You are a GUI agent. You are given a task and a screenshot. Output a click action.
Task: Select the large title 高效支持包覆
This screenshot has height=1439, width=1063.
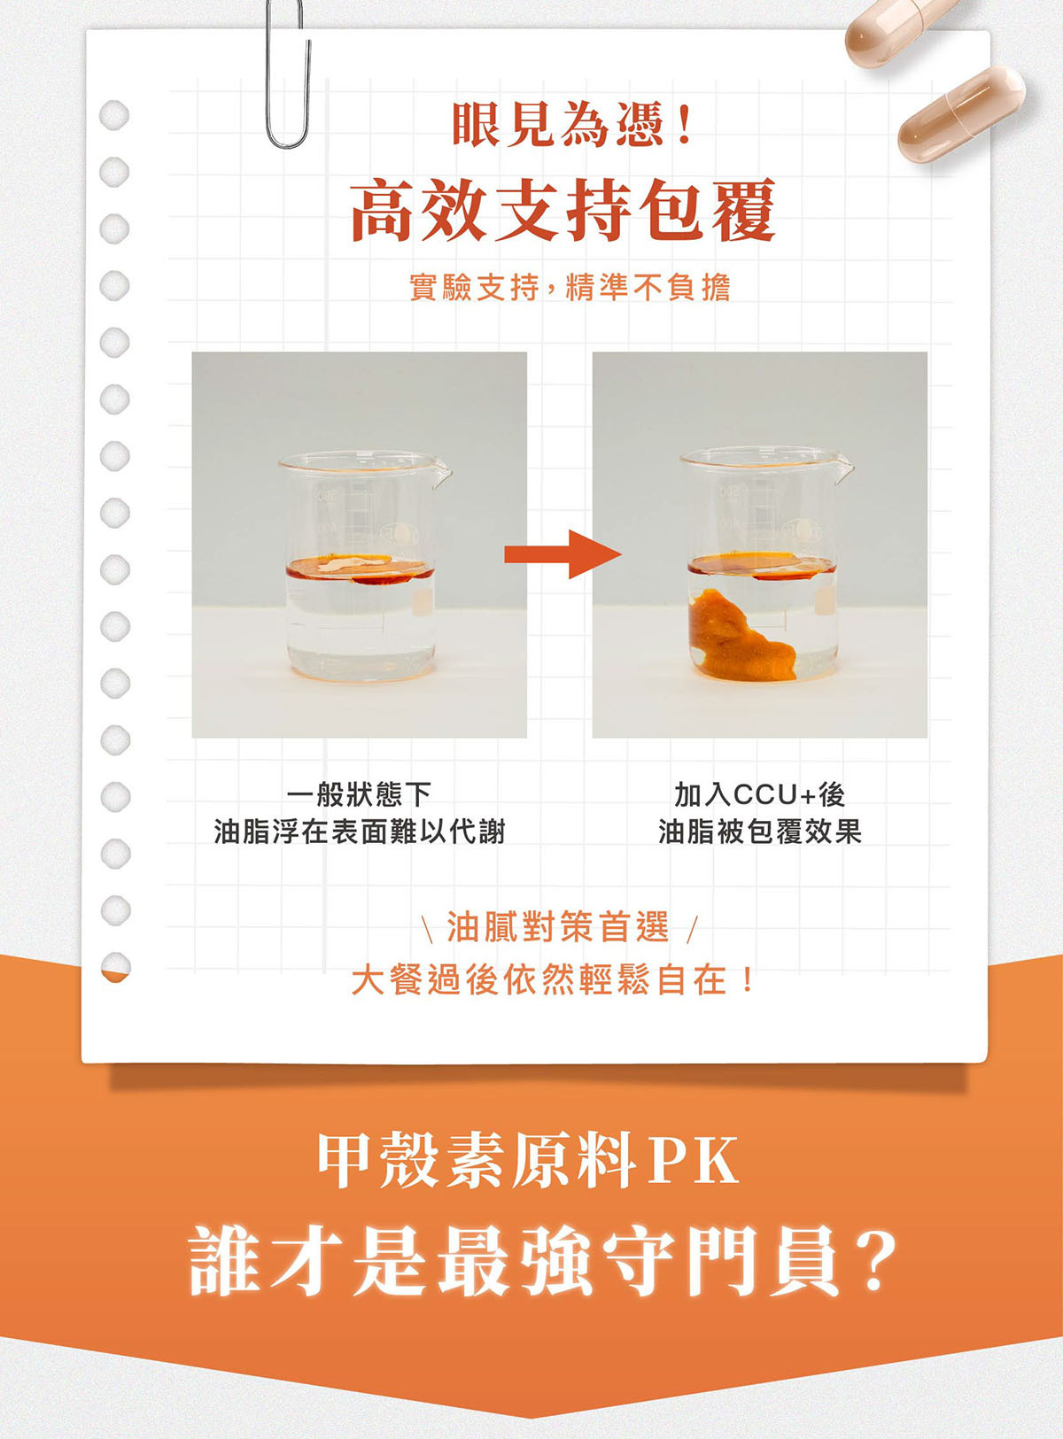pos(563,210)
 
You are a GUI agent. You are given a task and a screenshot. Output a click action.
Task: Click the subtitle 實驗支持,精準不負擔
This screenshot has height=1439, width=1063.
pos(570,288)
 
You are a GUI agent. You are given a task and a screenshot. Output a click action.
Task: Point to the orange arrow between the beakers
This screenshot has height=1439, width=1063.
pos(563,553)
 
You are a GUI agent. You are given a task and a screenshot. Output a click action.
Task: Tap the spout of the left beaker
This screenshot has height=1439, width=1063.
pos(443,472)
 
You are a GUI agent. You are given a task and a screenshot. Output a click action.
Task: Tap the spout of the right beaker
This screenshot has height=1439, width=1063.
pos(844,470)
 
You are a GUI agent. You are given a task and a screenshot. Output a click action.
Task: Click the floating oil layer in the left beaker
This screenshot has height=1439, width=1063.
pos(359,569)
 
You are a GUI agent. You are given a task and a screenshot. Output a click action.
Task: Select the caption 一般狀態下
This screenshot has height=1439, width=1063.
pos(359,794)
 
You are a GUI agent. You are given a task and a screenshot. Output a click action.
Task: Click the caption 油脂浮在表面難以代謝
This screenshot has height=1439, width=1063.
pos(359,832)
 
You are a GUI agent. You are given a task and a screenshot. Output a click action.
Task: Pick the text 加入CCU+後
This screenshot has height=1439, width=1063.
pos(759,794)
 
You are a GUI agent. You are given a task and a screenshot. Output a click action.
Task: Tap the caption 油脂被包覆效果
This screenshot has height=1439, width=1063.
pos(759,832)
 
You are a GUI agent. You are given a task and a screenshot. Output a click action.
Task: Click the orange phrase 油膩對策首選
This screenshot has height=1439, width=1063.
pos(557,926)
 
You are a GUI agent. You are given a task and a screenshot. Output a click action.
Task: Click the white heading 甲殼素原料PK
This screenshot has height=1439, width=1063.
pos(529,1161)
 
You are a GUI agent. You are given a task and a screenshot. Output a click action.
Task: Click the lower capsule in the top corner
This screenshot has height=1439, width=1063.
pos(961,115)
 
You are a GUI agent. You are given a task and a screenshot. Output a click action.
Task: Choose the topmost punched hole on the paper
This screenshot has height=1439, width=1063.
pos(115,114)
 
